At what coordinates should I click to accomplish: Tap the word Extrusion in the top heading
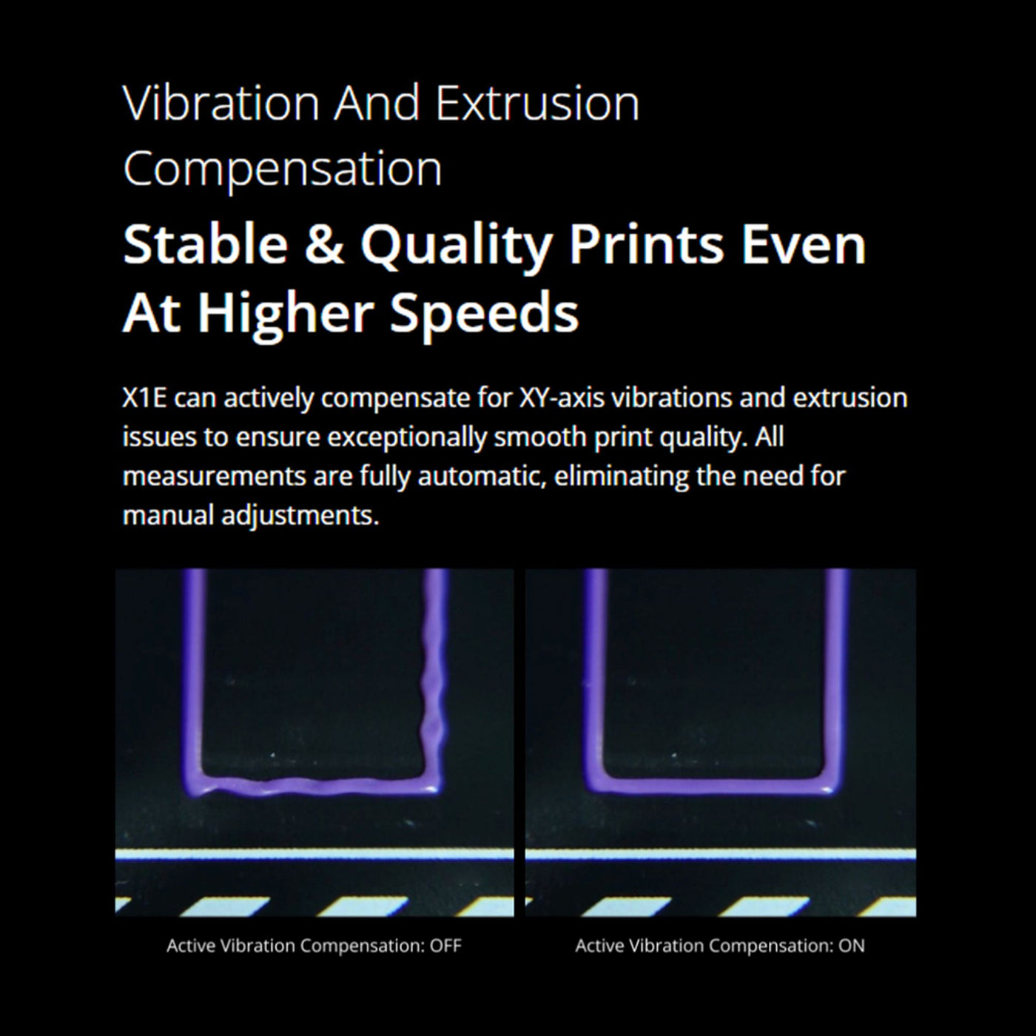537,103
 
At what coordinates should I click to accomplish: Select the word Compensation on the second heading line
283,169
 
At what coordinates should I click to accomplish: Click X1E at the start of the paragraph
144,398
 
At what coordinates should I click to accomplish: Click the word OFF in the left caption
445,946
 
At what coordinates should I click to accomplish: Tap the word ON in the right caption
851,946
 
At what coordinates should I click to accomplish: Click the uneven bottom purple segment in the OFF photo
311,786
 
